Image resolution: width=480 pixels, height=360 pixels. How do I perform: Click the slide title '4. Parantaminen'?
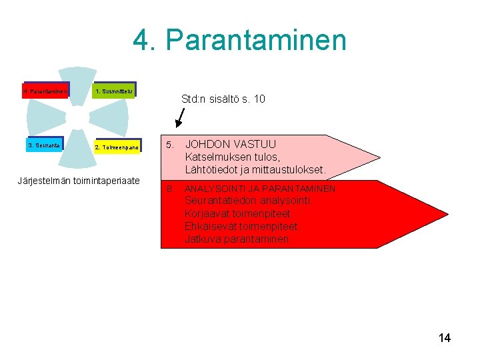(240, 39)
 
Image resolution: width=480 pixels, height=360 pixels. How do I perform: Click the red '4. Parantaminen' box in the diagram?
(45, 91)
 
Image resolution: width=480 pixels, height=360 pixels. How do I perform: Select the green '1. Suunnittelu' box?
(114, 90)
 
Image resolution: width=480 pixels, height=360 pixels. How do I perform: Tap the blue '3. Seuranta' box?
(45, 145)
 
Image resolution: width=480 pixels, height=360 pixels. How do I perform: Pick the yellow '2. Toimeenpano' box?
(117, 147)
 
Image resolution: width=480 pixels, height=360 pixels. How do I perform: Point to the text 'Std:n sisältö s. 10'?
(223, 99)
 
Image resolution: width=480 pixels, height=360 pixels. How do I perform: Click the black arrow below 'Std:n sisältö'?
(179, 118)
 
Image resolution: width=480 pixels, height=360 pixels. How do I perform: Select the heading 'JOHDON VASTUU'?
(231, 144)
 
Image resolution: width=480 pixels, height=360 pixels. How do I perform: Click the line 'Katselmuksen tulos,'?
(231, 157)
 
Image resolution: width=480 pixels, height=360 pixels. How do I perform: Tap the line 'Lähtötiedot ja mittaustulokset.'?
(255, 170)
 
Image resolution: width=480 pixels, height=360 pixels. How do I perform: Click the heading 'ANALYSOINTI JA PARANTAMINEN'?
(260, 189)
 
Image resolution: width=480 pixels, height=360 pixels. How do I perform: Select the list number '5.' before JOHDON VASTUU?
(170, 145)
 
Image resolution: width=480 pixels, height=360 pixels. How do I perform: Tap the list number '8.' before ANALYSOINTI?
(170, 189)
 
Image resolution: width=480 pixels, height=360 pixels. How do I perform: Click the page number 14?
(445, 338)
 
